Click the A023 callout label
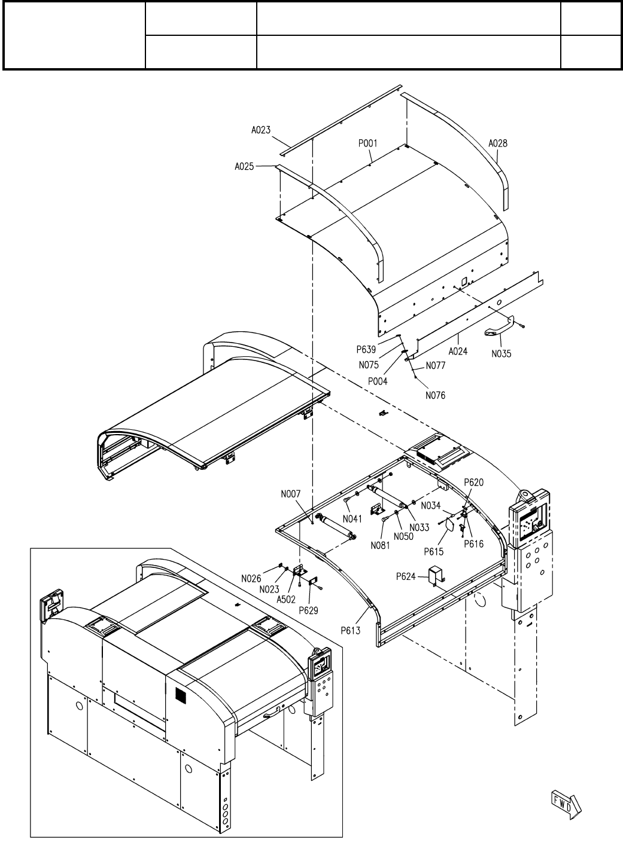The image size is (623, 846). tap(261, 129)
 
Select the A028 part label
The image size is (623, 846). tap(498, 143)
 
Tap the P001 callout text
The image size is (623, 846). tap(367, 143)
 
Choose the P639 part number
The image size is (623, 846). tap(366, 350)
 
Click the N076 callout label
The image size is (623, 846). tap(436, 395)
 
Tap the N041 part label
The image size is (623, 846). tap(353, 518)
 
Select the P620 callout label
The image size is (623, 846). tap(474, 482)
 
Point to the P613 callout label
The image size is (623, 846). tap(351, 630)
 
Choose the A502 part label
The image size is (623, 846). tap(286, 598)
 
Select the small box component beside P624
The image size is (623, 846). tap(435, 575)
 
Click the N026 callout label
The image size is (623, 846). tap(251, 578)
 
